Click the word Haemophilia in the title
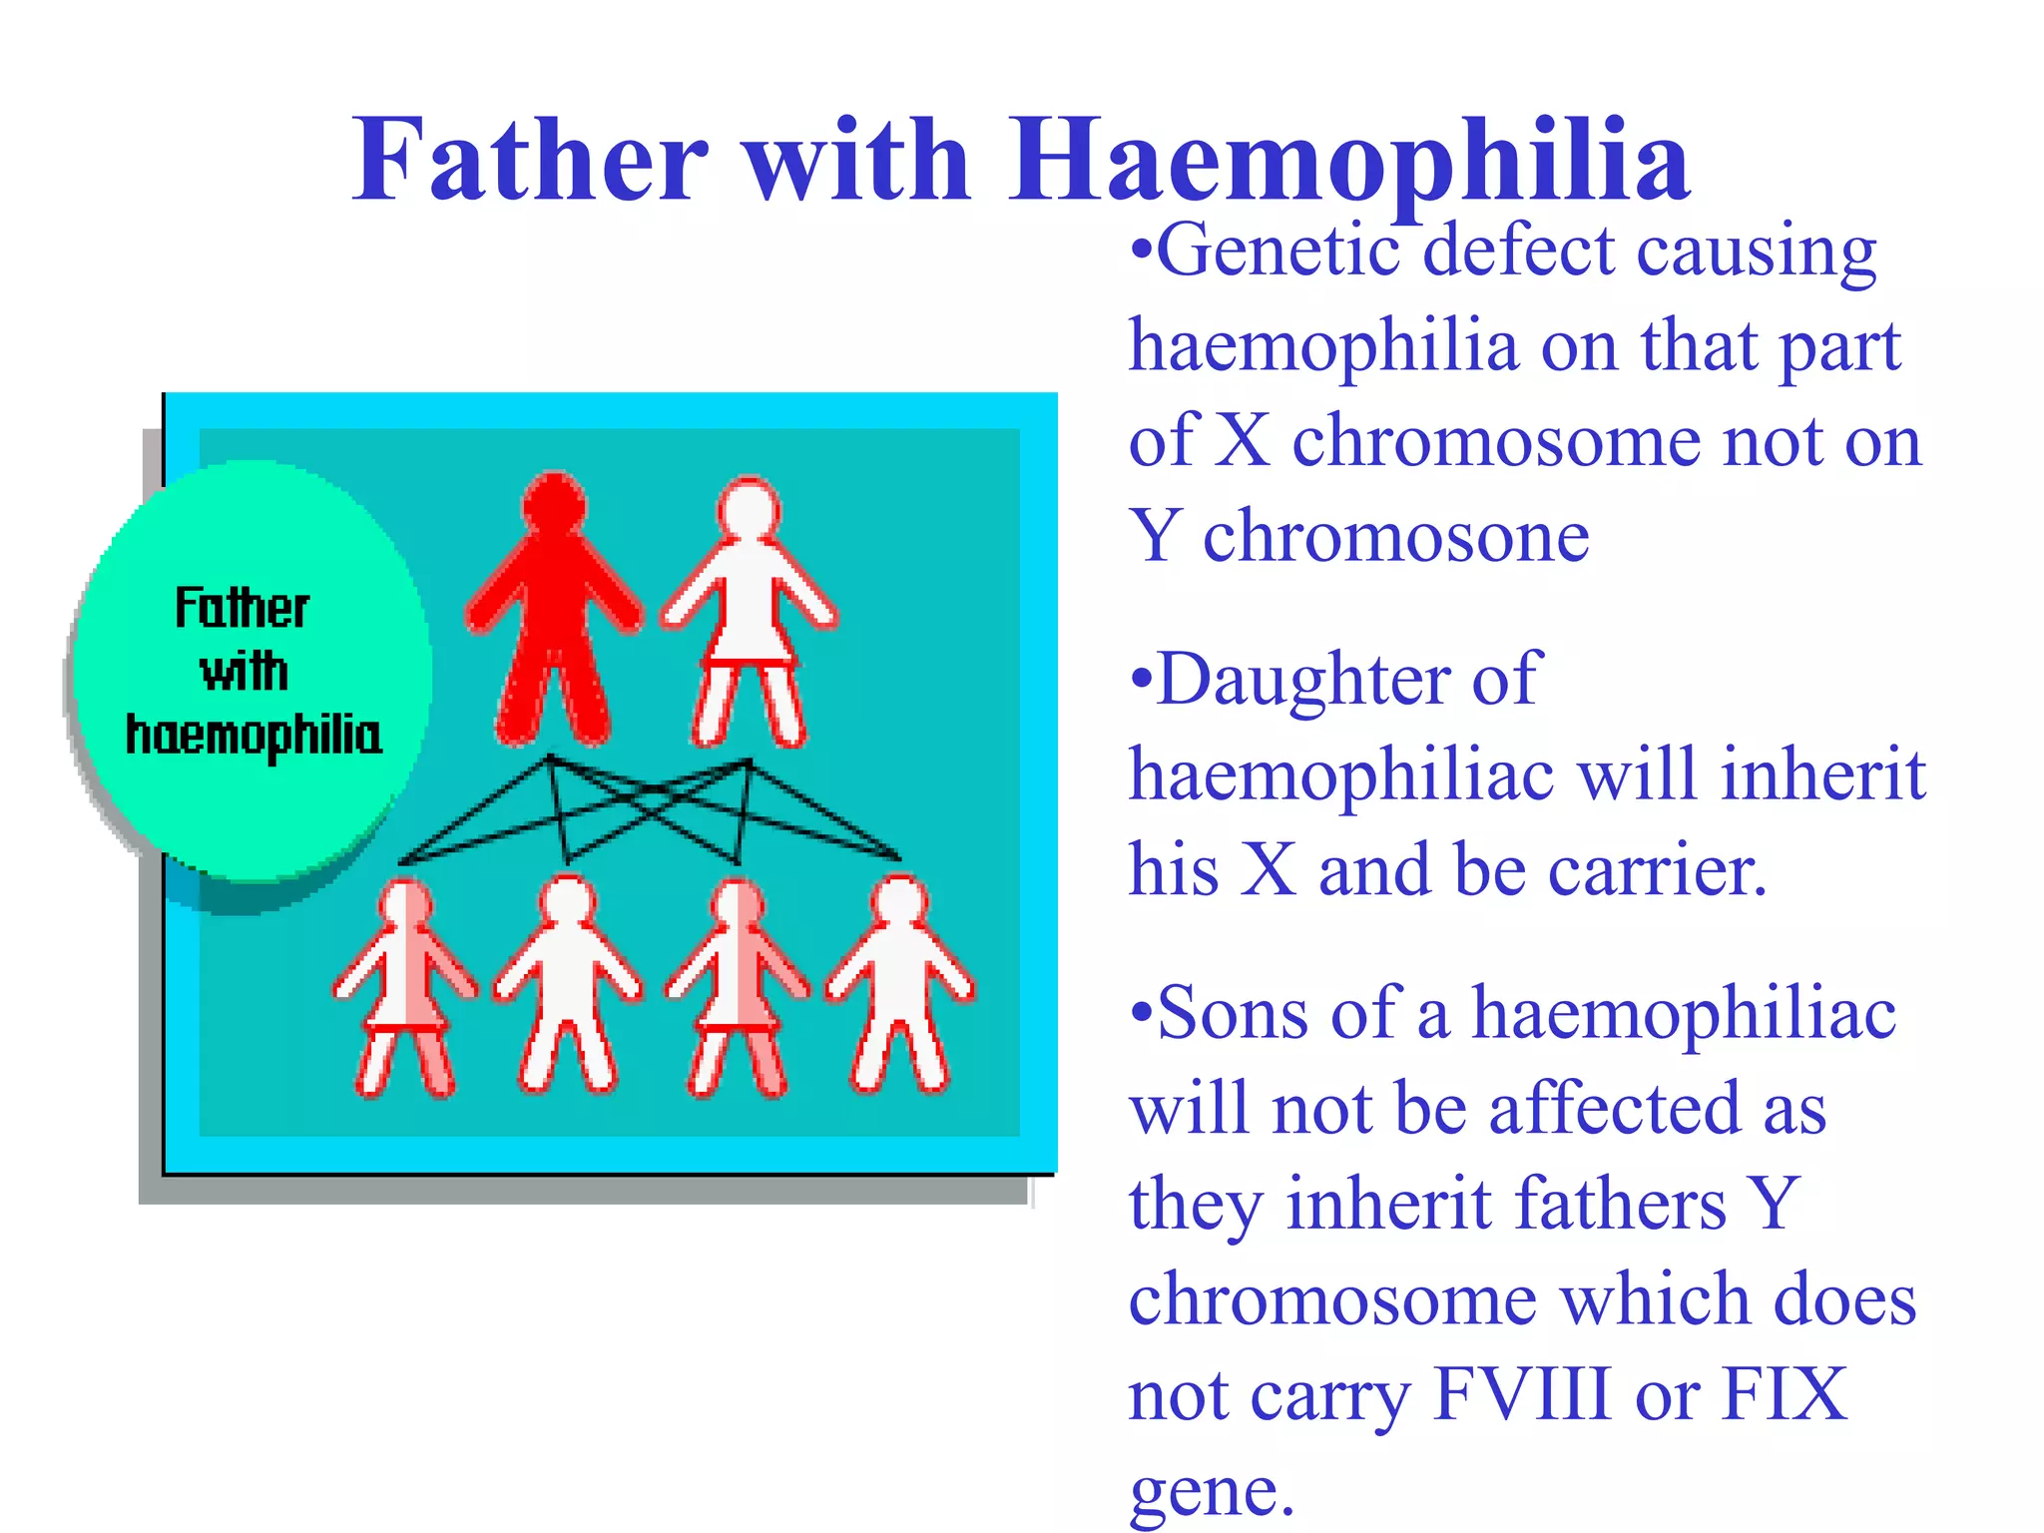[x=1349, y=160]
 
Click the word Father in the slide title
[x=530, y=160]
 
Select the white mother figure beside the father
[x=749, y=619]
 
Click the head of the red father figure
[x=554, y=502]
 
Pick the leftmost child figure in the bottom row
[x=405, y=988]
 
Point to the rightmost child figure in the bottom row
[x=900, y=988]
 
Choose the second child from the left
[x=568, y=988]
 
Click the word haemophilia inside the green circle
[x=254, y=736]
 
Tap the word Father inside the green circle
[x=242, y=608]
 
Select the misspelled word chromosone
[x=1395, y=537]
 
